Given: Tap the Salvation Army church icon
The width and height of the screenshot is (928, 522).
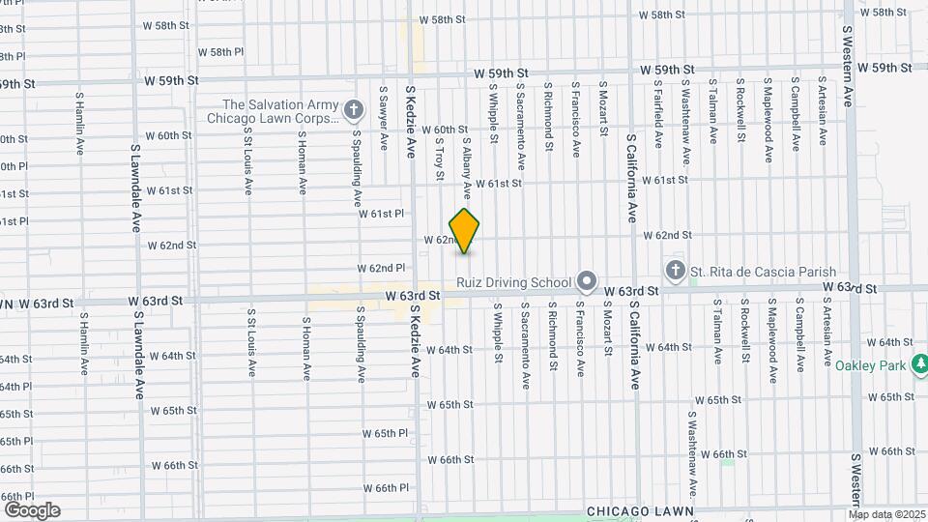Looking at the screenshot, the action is click(354, 110).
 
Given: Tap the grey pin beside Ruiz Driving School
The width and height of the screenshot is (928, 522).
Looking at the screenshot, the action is click(586, 282).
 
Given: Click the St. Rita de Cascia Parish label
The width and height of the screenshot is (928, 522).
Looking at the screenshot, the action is click(763, 272).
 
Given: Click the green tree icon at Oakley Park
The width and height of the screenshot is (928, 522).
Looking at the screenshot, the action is click(920, 364).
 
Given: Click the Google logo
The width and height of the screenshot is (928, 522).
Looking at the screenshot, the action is click(32, 510).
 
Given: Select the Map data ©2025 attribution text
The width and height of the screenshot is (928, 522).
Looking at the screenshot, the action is click(887, 514).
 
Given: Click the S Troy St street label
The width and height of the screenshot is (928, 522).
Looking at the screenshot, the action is click(439, 157).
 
